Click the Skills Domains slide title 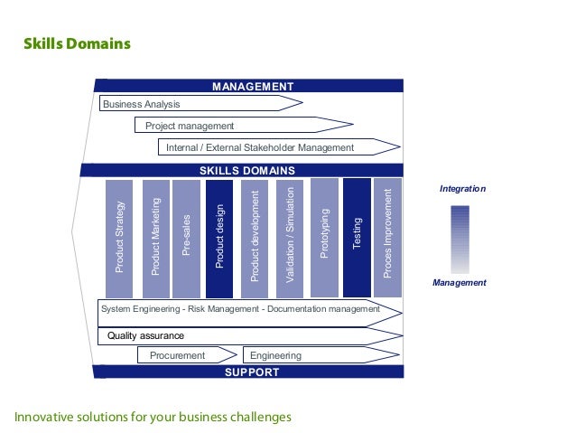77,43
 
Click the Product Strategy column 119,239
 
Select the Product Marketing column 155,239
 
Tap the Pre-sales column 185,239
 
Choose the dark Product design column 219,239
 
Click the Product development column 255,239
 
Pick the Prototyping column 324,237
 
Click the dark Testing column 357,237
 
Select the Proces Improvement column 387,239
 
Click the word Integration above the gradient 462,189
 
